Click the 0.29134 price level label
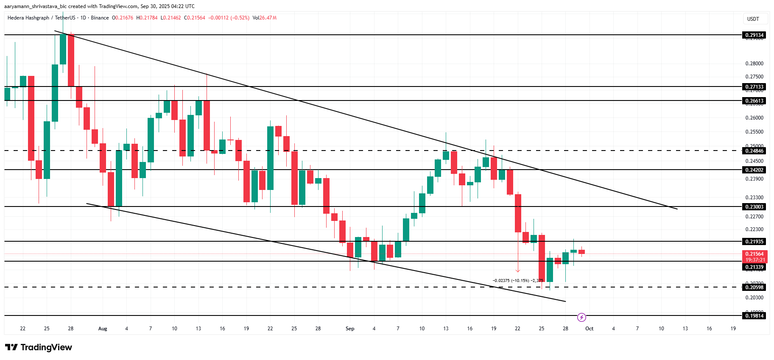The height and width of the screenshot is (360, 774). tap(754, 35)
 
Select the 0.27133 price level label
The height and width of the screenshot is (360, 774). tap(754, 87)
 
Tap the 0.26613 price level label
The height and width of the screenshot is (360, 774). tap(754, 101)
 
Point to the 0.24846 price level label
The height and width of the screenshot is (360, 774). tap(754, 151)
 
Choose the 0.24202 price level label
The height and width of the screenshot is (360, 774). tap(754, 170)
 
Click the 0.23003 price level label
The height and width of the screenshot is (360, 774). tap(754, 207)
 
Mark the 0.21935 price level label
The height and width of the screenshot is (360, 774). tap(754, 242)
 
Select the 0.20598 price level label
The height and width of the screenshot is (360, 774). tap(754, 287)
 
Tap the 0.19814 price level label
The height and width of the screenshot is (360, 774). tap(754, 316)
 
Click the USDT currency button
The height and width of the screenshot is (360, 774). tap(753, 19)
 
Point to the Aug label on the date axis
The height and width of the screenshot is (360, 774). tap(103, 329)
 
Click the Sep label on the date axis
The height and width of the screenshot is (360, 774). tap(350, 329)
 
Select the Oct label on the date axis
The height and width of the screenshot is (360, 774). tap(589, 329)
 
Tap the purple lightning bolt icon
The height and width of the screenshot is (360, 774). tap(581, 317)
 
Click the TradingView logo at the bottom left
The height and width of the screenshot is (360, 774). tap(39, 347)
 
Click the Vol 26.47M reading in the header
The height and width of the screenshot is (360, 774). tap(264, 18)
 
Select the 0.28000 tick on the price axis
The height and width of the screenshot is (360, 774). tap(754, 64)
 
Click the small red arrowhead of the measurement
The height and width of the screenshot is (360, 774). tap(518, 270)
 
